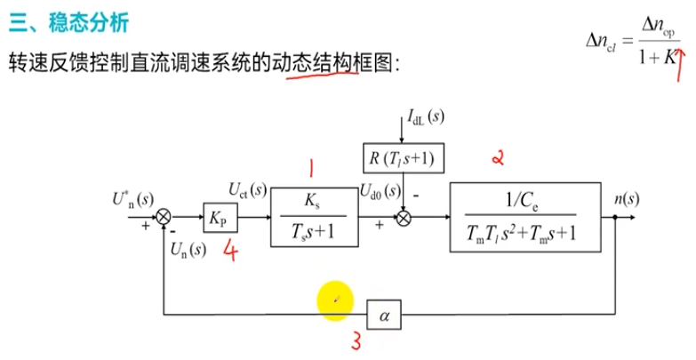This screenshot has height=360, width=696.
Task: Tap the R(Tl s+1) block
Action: pyautogui.click(x=404, y=159)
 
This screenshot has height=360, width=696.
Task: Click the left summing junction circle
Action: pyautogui.click(x=163, y=216)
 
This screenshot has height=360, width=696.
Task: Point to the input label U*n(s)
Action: pyautogui.click(x=134, y=197)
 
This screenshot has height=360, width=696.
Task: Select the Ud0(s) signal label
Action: pyautogui.click(x=379, y=188)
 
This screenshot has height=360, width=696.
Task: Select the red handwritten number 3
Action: pyautogui.click(x=356, y=341)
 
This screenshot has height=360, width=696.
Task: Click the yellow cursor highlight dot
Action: pyautogui.click(x=336, y=300)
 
